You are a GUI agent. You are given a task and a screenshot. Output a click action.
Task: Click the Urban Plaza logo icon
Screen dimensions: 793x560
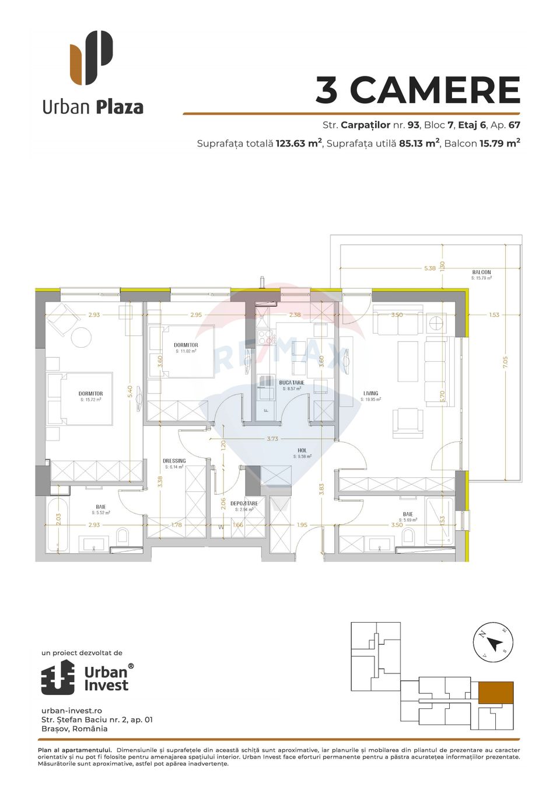point(92,57)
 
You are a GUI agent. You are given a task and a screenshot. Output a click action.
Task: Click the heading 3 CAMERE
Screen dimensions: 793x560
point(417,90)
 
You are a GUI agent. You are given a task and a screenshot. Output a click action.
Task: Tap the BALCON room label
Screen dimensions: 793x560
point(481,273)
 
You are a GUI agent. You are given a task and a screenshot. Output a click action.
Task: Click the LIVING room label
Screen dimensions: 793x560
point(370,394)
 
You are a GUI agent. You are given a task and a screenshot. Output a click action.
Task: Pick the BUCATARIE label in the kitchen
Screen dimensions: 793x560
point(292,383)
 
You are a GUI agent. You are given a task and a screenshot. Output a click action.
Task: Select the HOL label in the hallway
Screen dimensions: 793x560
point(302,450)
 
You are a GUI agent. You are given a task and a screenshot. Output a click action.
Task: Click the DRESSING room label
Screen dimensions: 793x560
point(174,461)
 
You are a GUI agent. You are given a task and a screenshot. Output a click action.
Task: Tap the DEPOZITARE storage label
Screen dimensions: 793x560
point(244,504)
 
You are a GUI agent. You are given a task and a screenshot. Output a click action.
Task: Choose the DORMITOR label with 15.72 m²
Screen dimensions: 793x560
point(90,394)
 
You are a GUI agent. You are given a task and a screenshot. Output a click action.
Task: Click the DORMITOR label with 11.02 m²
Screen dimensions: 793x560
point(185,345)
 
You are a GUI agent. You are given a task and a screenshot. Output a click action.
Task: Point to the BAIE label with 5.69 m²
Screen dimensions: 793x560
point(408,515)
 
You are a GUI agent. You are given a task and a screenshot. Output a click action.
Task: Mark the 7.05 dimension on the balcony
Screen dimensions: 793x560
point(505,362)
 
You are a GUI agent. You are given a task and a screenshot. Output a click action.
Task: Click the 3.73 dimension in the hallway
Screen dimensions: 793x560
point(272,439)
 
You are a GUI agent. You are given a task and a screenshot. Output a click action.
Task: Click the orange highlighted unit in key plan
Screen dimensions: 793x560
point(496,693)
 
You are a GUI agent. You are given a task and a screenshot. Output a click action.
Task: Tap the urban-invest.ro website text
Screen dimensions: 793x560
point(72,711)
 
